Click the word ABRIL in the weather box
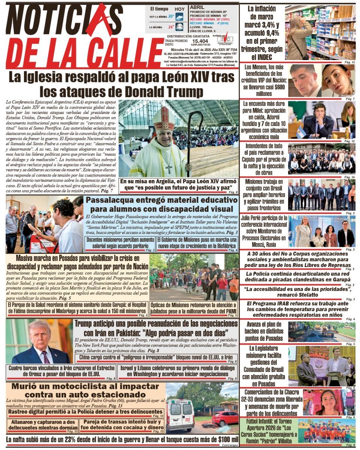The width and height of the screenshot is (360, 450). [197, 7]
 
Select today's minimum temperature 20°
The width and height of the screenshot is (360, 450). [171, 16]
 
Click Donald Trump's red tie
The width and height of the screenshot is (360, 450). [46, 357]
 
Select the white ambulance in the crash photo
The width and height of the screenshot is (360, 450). [180, 414]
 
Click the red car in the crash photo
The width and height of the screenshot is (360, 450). [225, 417]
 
